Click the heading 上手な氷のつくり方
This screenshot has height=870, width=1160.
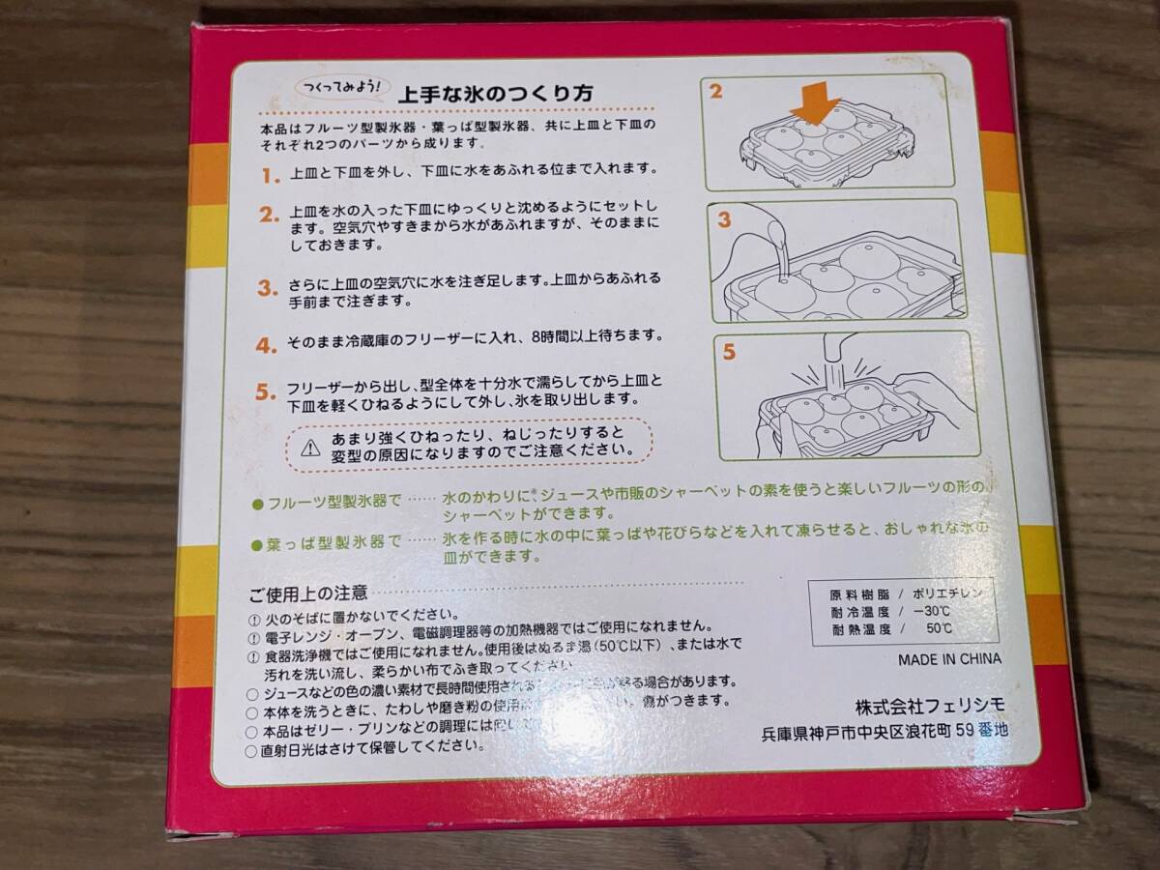[496, 94]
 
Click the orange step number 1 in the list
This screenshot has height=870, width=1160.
[270, 176]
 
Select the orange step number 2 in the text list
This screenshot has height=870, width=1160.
[269, 214]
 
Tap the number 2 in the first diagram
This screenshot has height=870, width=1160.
[716, 92]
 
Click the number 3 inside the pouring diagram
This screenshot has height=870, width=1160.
[724, 218]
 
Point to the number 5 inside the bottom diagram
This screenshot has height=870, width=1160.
[730, 352]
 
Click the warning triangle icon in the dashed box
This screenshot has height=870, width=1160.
[309, 447]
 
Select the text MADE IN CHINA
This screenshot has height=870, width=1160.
[949, 660]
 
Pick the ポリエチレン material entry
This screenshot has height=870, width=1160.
[952, 594]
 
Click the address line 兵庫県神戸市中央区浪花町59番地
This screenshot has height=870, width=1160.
[884, 732]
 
